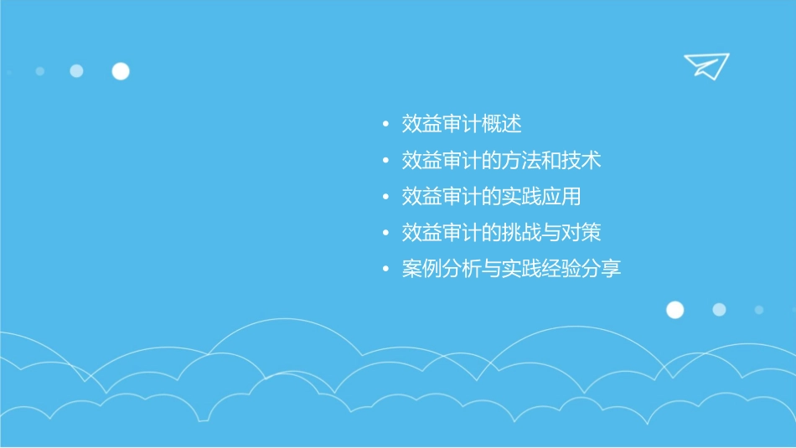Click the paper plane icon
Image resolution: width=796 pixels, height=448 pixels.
[x=706, y=65]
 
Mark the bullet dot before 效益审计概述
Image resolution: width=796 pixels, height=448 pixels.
[x=385, y=126]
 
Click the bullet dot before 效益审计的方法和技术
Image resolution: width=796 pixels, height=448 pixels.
[x=385, y=162]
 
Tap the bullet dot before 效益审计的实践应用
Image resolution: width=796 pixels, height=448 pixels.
[x=385, y=198]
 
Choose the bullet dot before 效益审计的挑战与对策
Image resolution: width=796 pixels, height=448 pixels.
[x=385, y=234]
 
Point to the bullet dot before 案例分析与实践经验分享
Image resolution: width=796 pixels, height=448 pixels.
[x=385, y=270]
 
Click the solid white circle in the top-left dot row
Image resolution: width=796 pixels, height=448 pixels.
[x=121, y=71]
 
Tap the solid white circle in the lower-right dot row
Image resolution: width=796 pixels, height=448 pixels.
[x=675, y=310]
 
